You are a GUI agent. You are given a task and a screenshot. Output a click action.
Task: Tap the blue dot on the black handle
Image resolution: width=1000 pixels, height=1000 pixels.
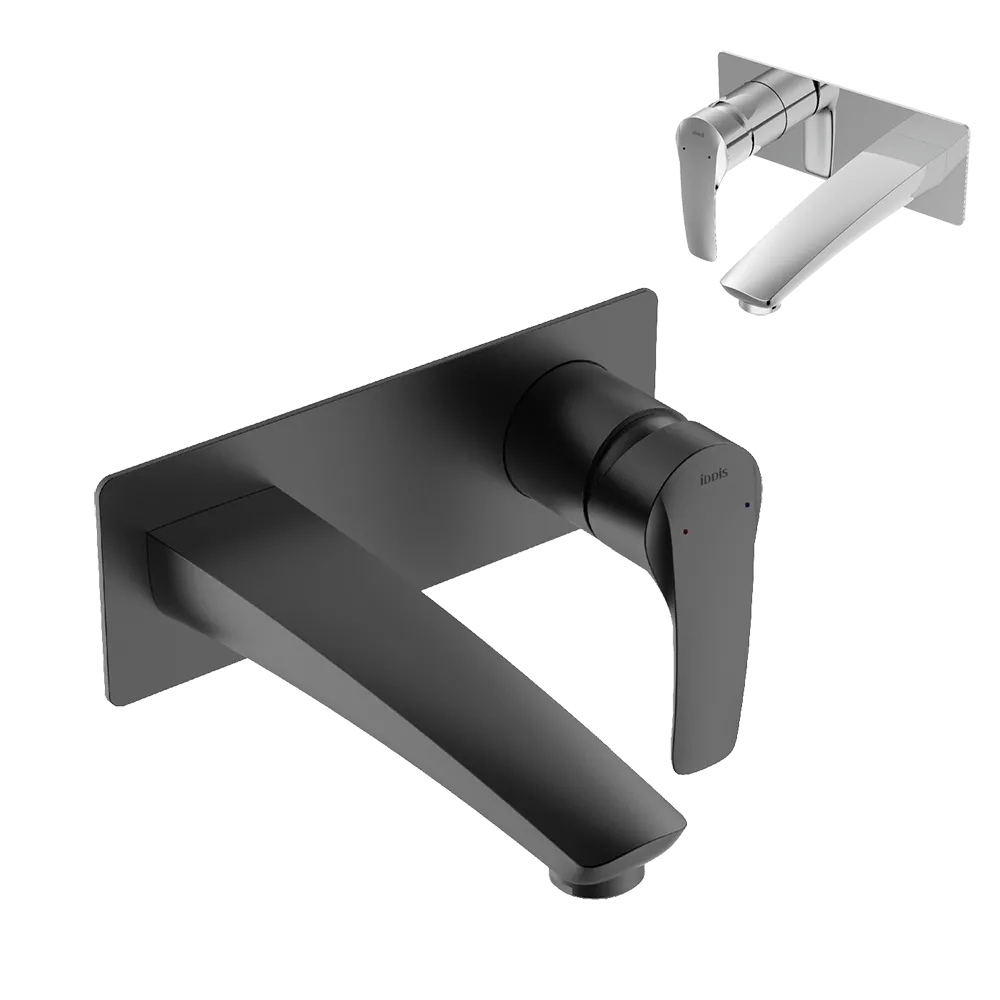click(x=746, y=507)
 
